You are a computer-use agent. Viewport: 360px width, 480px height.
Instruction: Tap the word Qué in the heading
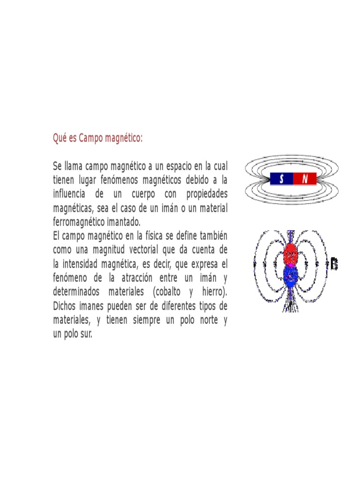pos(60,138)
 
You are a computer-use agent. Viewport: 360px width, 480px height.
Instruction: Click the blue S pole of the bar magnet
pos(281,179)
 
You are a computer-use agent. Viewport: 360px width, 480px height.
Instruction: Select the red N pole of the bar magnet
pos(305,179)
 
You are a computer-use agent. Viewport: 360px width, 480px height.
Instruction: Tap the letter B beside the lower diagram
pos(334,264)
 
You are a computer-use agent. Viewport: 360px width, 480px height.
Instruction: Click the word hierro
pos(214,292)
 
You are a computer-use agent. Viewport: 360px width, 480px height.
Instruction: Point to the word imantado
pos(124,222)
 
